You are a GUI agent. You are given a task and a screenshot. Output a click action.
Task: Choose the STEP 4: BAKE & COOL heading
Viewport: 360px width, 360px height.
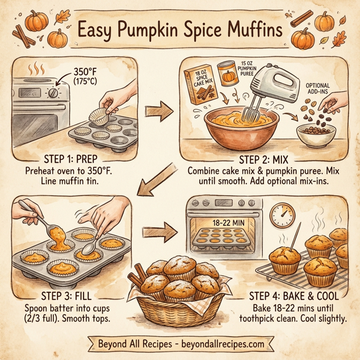tap(282, 296)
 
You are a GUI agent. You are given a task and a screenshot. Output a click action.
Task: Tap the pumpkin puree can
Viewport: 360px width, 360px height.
tap(227, 73)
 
